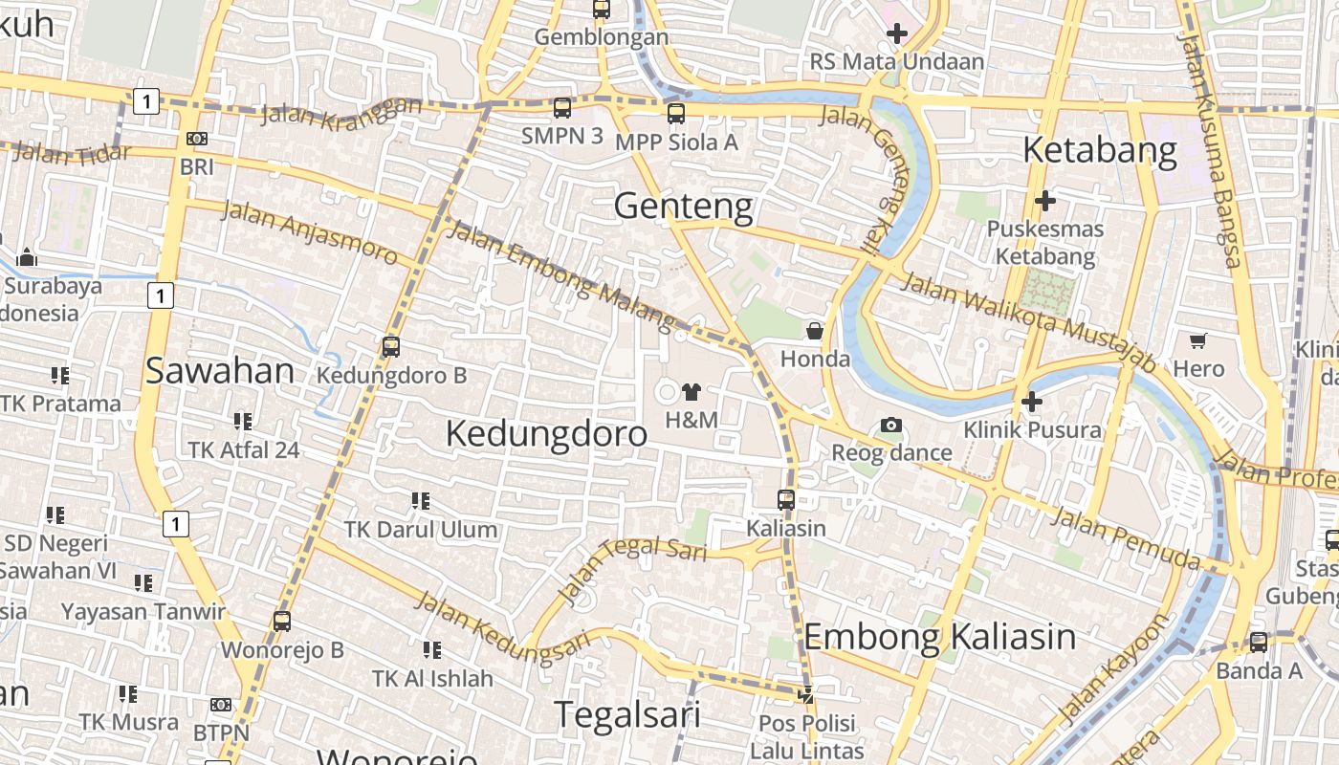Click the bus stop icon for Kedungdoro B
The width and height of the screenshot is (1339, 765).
(390, 347)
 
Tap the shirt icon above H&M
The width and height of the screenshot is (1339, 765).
(691, 391)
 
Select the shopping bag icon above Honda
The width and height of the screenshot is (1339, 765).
(815, 331)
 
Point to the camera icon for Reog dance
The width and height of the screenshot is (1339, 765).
(891, 425)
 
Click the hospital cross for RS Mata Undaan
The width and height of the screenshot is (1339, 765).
(897, 34)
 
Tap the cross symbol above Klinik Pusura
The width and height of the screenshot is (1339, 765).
(1031, 402)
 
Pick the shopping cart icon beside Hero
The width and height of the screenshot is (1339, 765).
(1197, 340)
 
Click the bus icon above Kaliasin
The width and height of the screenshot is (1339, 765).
(786, 499)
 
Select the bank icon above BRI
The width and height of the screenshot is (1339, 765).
(197, 139)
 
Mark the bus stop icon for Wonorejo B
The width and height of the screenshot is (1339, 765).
(281, 622)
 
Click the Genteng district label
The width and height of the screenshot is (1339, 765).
(683, 207)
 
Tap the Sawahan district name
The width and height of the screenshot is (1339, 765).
(220, 371)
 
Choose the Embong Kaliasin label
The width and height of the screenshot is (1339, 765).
(939, 637)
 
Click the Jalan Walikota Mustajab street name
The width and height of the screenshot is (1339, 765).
(1029, 320)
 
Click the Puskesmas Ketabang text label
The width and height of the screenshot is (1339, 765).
(1044, 243)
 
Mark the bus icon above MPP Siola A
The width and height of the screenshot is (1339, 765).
(676, 114)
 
